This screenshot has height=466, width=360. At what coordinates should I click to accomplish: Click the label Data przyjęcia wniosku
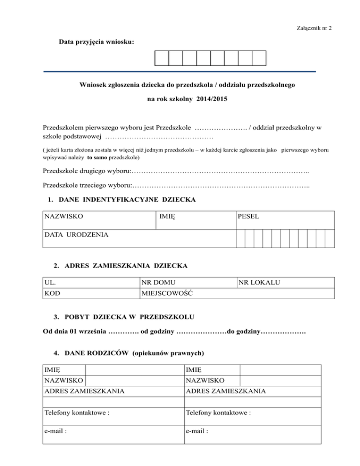[x=97, y=42]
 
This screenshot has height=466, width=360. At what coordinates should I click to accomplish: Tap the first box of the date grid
[x=161, y=58]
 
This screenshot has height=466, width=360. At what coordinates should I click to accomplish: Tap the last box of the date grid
[x=259, y=58]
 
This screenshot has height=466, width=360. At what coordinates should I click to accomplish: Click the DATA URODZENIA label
[x=75, y=234]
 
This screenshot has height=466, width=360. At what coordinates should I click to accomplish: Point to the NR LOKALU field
[x=259, y=283]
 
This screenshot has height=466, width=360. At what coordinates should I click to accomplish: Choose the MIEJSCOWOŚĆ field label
[x=168, y=293]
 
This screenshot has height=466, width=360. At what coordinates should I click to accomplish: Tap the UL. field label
[x=49, y=283]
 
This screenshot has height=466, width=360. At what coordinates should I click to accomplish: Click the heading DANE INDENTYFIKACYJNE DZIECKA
[x=127, y=200]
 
